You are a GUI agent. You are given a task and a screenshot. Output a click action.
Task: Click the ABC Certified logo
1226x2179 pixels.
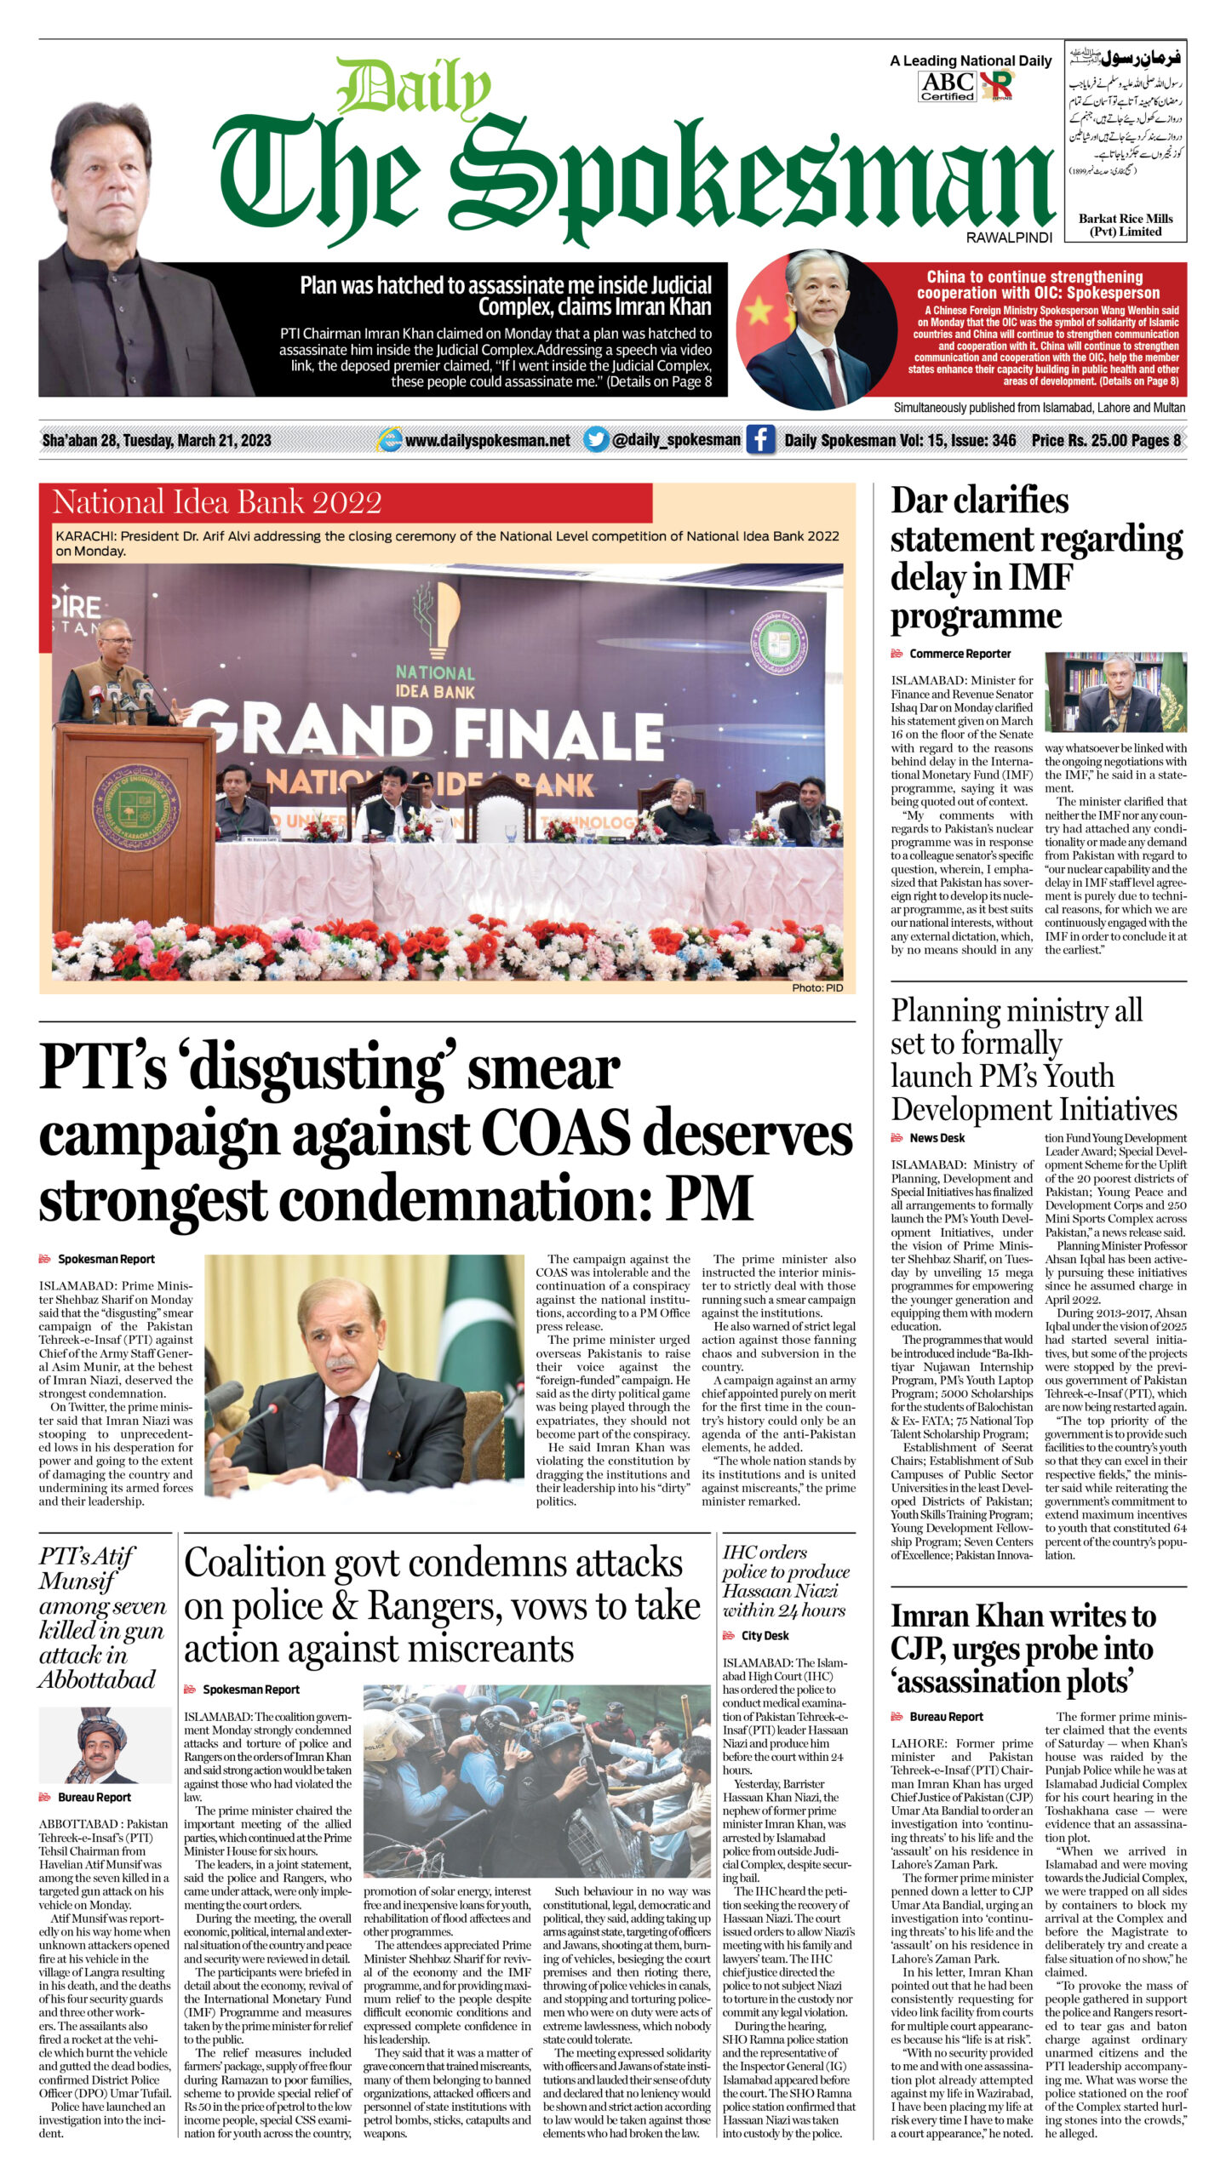click(947, 85)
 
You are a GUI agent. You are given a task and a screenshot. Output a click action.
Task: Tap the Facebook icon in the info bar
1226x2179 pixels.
click(759, 440)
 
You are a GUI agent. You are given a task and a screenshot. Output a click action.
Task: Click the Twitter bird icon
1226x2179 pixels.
click(596, 440)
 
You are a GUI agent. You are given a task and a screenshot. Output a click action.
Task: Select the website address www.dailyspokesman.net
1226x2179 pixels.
click(487, 441)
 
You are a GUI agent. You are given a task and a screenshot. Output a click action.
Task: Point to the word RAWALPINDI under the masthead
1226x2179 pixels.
click(1009, 237)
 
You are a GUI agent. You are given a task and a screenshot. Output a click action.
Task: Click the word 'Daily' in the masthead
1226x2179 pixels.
click(413, 88)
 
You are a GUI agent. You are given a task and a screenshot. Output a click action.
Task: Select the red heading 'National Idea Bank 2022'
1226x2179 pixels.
click(217, 502)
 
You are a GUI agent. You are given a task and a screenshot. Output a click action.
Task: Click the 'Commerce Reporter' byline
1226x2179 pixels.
click(960, 654)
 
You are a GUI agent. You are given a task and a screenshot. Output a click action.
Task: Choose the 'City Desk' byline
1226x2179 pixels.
click(765, 1635)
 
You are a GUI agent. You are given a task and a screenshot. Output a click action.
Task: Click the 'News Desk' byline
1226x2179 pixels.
click(937, 1138)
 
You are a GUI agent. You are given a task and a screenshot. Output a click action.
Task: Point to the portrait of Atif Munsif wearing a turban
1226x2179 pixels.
click(104, 1745)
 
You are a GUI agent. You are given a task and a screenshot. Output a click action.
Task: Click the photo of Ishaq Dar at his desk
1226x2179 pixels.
click(1115, 692)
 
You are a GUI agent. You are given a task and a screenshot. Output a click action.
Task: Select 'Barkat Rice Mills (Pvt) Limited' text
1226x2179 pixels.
click(1126, 225)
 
